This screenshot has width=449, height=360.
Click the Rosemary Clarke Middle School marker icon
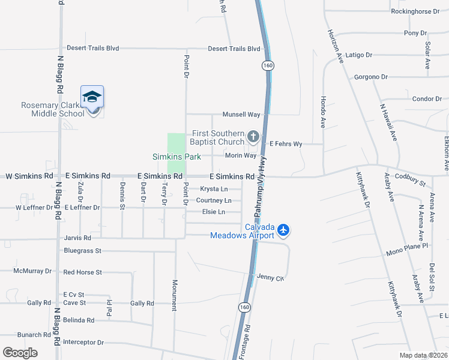coord(92,97)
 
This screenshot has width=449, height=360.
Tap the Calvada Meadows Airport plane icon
coord(283,229)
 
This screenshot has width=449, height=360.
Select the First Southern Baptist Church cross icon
coord(253,138)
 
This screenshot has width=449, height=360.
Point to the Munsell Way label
coord(241,115)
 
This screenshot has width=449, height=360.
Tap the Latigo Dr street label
coord(360,55)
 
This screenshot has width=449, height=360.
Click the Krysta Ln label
coord(214,189)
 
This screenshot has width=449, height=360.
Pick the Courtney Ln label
coord(214,200)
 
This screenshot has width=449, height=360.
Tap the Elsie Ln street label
coord(214,212)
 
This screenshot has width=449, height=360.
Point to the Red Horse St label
coord(83,272)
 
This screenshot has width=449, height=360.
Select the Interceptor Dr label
coord(83,343)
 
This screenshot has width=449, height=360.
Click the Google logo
coord(20,353)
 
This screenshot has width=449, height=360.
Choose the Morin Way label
coord(241,155)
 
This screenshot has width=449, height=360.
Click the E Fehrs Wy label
coord(286,144)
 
